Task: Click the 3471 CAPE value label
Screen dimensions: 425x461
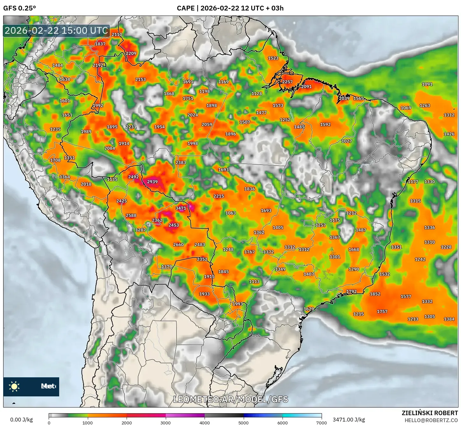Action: [181, 208]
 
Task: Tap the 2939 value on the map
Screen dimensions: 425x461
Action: [152, 182]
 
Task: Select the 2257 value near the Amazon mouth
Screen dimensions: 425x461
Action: [287, 82]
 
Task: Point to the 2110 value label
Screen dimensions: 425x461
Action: [117, 34]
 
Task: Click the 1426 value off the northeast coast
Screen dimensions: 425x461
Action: [449, 134]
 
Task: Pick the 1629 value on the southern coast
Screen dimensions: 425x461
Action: [309, 309]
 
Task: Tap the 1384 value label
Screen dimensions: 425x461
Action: [449, 319]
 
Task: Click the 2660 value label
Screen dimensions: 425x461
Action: [178, 244]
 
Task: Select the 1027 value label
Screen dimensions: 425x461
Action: [346, 141]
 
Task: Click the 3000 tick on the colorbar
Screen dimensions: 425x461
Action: [166, 422]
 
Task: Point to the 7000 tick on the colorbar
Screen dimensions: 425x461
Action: [321, 422]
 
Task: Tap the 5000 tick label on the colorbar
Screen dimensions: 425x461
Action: [243, 422]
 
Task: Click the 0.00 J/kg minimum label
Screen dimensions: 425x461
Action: [22, 420]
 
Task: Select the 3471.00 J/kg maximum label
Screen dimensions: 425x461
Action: [349, 420]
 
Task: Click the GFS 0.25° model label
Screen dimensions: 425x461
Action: [19, 8]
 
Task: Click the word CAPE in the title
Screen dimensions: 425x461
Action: [185, 8]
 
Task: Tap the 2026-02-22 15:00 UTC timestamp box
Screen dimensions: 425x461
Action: [56, 31]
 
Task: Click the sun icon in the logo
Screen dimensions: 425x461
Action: [14, 386]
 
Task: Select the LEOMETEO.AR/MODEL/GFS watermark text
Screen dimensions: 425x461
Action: [231, 399]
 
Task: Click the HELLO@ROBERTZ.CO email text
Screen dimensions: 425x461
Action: [431, 420]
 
